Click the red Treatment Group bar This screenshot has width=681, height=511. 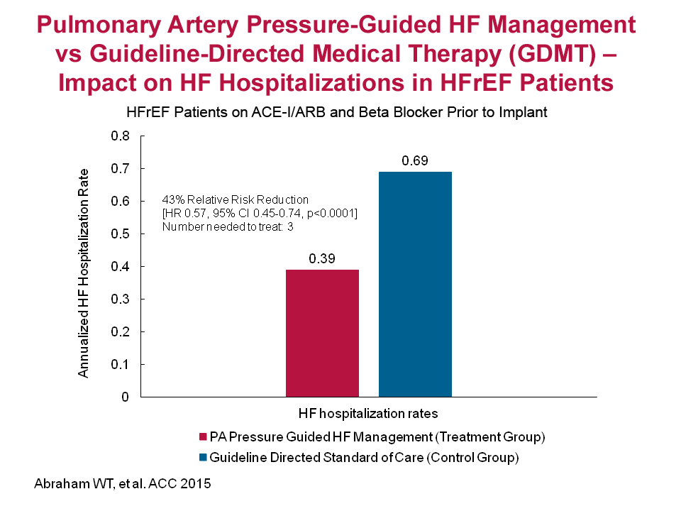click(322, 333)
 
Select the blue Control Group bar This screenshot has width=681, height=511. click(415, 284)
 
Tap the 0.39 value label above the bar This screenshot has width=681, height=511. click(322, 259)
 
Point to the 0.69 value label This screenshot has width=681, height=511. click(415, 160)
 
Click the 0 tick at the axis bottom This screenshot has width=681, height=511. click(126, 397)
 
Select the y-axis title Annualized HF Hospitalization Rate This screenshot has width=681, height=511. click(84, 273)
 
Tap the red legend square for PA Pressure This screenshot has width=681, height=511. click(204, 436)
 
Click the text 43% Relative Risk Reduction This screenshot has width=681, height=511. click(236, 199)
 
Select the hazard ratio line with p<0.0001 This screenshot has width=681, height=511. click(260, 213)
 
